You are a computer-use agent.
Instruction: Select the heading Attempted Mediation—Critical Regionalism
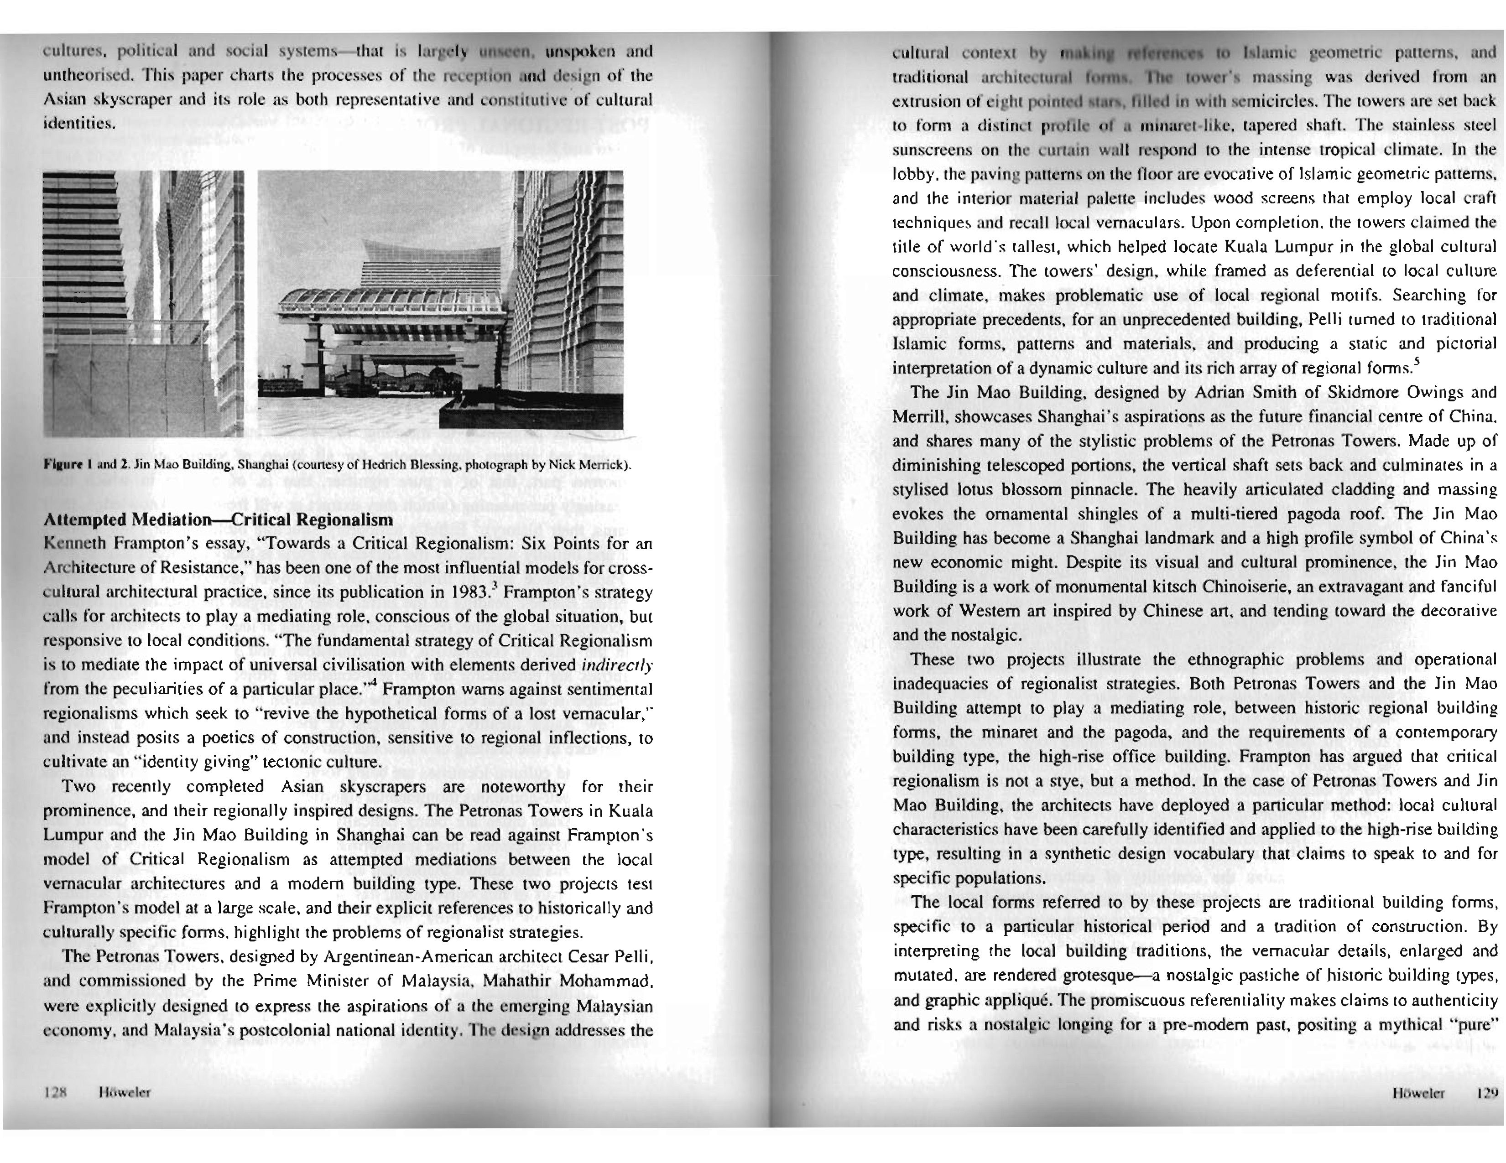tap(218, 519)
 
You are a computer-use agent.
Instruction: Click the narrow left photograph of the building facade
tap(143, 303)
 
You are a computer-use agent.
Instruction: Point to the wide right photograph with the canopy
tap(440, 300)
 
